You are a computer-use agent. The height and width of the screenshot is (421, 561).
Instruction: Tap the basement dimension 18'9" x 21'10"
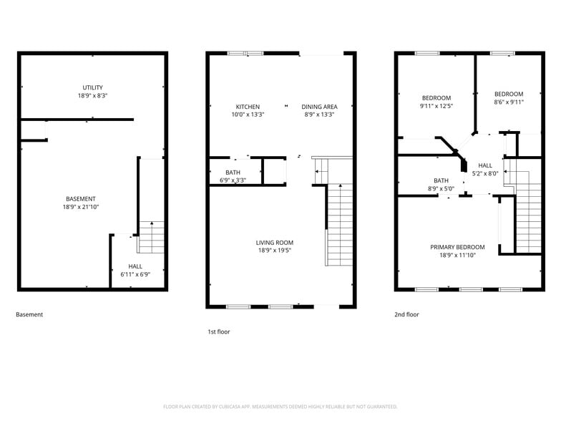[82, 207]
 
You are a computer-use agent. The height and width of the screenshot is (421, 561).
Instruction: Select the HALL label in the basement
[135, 266]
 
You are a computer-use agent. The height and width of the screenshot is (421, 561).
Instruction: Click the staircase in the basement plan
[151, 237]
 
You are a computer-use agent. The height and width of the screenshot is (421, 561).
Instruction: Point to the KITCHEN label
[248, 107]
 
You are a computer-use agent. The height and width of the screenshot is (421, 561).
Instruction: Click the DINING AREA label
[319, 107]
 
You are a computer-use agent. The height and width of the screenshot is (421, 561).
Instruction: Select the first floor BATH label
[233, 172]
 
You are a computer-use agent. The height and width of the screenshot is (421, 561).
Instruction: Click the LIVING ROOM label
[275, 242]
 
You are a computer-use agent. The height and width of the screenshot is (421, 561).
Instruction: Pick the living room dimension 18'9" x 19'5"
[275, 251]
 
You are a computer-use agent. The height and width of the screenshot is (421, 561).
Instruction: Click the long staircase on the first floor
[340, 224]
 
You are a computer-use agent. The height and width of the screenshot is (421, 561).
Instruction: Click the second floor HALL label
[485, 165]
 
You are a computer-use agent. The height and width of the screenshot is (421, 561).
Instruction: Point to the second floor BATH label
[441, 180]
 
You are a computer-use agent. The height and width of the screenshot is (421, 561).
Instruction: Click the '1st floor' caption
[219, 332]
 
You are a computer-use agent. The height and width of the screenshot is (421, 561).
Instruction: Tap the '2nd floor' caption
[406, 314]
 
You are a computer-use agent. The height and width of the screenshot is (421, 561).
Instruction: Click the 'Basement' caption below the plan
[29, 314]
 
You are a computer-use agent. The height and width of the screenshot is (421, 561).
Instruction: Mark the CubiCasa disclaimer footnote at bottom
[280, 406]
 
